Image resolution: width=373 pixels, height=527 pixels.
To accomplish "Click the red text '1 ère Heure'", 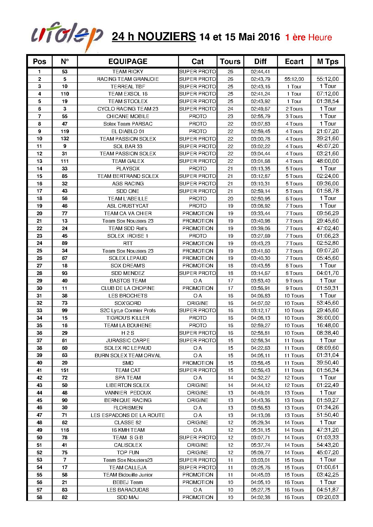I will point(308,38).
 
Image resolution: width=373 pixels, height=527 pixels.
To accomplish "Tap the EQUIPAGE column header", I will point(128,62).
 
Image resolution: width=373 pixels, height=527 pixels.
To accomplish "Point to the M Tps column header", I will point(328,62).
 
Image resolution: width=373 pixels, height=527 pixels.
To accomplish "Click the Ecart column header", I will point(294,62).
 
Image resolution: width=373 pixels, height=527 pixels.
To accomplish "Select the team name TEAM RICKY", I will point(128,72).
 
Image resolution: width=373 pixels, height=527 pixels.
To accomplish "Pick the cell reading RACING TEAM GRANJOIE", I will point(128,79).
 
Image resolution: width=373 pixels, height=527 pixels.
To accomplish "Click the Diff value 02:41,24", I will point(260,94).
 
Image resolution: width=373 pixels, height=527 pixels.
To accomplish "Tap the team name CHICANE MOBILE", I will point(128,116).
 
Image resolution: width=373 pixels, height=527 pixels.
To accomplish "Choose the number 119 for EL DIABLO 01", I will point(65,131).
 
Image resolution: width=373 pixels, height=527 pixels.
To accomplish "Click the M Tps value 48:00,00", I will point(328,161).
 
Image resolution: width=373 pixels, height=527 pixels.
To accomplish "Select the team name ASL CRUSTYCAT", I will point(128,206).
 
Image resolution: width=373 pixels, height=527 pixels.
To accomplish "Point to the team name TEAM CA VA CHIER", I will point(128,213).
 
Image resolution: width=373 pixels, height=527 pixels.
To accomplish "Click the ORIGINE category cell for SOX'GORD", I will point(198,303).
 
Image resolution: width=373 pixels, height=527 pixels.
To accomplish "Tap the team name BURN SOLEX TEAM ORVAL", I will point(128,355).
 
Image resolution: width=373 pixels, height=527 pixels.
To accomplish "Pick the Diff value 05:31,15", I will point(260,430).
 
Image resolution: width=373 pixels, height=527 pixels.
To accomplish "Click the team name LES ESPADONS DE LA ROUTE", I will point(128,415).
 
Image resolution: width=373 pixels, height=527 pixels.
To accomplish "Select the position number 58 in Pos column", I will point(39,497).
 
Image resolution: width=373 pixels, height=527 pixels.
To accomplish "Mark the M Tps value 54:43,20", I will point(328,445).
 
